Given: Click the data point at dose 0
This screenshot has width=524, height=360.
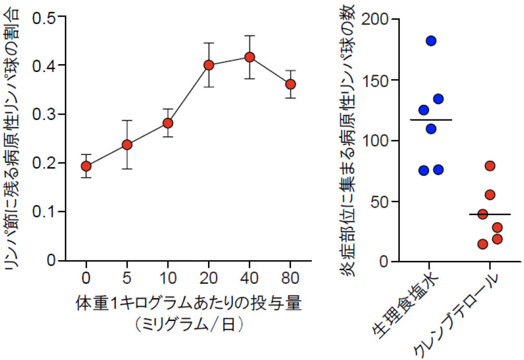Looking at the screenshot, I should point(86,166).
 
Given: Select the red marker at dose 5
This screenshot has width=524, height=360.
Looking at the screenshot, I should point(127,145).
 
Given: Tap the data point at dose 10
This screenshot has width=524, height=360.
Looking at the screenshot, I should point(168,123).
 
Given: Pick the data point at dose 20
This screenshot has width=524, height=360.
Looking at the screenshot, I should point(209,65).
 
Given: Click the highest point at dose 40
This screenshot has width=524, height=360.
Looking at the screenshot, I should point(250,57).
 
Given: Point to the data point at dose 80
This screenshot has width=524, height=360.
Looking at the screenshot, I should point(291,84).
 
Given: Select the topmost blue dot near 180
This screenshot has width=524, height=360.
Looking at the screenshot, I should point(431,41).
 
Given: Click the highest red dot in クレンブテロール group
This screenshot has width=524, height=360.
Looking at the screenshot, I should point(490,166).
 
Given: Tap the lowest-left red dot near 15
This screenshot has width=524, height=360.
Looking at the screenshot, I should point(483,244).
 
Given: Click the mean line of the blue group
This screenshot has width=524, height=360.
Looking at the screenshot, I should point(431,120).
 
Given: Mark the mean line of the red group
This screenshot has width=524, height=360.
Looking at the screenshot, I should point(490,214).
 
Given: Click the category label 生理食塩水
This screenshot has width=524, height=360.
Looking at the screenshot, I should point(407,305).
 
